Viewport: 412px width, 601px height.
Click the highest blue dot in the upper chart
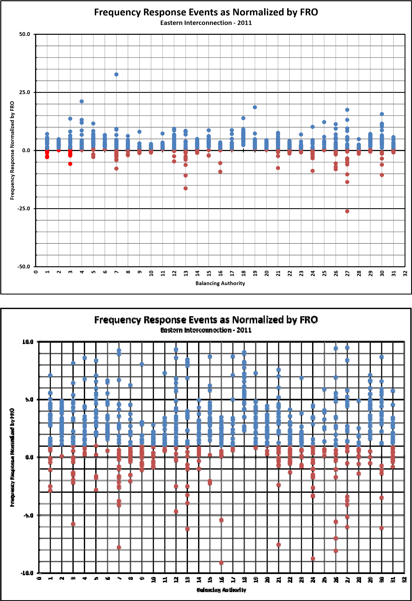(117, 74)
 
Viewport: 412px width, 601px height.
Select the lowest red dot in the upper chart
(347, 211)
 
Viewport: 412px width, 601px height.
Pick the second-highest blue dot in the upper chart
(82, 101)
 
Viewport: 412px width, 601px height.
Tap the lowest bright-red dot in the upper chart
(70, 164)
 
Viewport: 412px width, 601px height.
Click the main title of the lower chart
(206, 320)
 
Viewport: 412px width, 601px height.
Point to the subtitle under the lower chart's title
(206, 330)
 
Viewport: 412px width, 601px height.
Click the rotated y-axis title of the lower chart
(12, 457)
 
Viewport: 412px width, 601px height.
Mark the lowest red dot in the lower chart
(221, 563)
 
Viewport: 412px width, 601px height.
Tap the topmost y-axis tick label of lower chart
(28, 342)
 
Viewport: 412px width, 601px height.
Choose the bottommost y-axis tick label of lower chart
(27, 573)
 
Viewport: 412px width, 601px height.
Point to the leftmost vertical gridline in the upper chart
(47, 207)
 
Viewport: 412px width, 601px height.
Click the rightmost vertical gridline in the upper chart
(393, 207)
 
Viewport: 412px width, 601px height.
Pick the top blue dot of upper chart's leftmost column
(47, 134)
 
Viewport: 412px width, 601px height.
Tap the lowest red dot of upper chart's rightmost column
(393, 152)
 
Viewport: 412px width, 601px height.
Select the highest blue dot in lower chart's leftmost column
(50, 375)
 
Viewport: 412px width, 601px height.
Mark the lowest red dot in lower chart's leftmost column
(50, 491)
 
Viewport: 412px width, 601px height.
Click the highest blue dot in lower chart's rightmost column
(393, 391)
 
